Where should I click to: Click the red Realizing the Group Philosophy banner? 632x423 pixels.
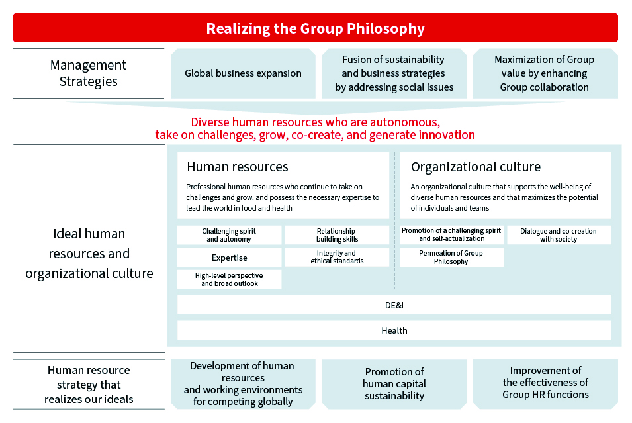[315, 28]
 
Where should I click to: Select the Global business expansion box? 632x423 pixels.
[243, 73]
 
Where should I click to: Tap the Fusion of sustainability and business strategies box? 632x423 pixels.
[394, 73]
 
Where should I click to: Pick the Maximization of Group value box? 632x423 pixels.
[545, 73]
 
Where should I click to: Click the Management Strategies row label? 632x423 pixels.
[88, 73]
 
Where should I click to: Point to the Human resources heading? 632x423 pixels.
[238, 167]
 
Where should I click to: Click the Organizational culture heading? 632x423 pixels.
[476, 167]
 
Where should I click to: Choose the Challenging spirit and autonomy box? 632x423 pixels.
[230, 235]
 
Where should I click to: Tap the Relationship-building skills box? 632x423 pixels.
[337, 235]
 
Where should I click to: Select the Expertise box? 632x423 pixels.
[230, 258]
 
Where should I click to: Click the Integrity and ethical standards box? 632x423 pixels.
[337, 258]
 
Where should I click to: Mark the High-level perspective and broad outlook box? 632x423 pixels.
[230, 279]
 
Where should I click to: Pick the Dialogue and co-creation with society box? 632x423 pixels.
[559, 235]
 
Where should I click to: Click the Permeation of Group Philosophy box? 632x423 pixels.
[451, 258]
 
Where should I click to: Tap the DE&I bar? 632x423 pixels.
[394, 305]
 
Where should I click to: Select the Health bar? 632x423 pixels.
[394, 330]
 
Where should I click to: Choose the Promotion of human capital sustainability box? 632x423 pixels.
[394, 384]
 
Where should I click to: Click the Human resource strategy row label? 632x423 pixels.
[89, 385]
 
